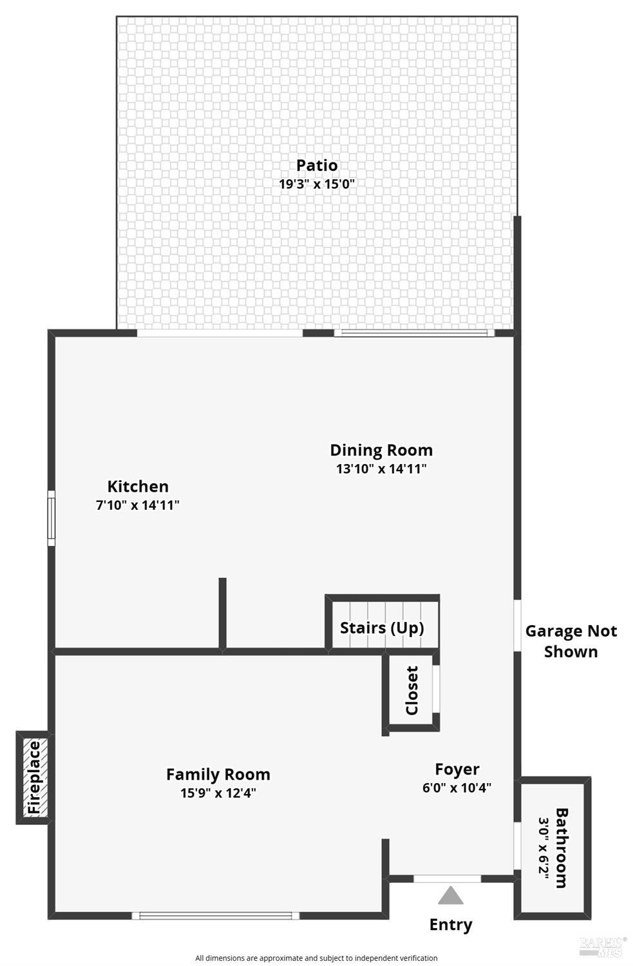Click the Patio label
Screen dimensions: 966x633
coord(317,166)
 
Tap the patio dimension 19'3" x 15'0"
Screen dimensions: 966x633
coord(317,184)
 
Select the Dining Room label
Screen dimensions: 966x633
coord(381,450)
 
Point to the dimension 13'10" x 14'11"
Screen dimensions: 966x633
coord(381,469)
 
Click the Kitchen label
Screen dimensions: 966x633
coord(138,487)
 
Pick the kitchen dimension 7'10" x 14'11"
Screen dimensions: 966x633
coord(138,505)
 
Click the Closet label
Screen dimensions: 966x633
coord(412,691)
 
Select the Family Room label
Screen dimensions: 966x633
coord(218,774)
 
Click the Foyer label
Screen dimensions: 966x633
coord(457,769)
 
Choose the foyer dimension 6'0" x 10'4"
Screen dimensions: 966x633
coord(457,787)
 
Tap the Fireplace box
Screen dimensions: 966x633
coord(33,777)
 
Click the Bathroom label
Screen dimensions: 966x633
coord(562,847)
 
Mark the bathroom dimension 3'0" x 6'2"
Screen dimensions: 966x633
coord(544,847)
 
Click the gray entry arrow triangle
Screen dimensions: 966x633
coord(451,896)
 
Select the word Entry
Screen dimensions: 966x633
coord(451,925)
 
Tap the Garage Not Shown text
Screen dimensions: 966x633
coord(571,641)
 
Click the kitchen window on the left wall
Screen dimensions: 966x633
coord(52,518)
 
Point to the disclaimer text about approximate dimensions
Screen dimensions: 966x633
coord(316,958)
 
